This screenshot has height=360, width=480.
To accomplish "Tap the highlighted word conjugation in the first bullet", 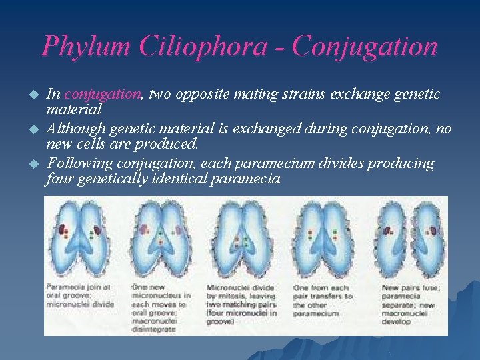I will pyautogui.click(x=103, y=95).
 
